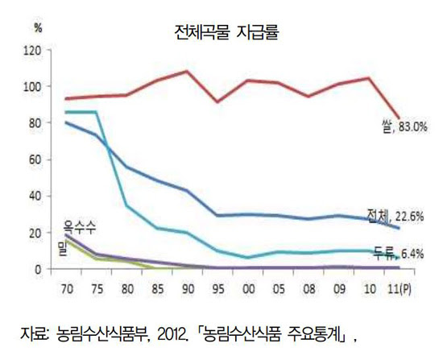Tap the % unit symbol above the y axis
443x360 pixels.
[x=37, y=27]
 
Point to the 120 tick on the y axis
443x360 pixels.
[x=33, y=50]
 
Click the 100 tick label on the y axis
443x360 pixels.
[x=33, y=86]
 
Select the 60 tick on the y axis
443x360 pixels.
[x=35, y=159]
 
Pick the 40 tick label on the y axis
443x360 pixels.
[x=35, y=196]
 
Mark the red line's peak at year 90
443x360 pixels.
[x=187, y=71]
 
